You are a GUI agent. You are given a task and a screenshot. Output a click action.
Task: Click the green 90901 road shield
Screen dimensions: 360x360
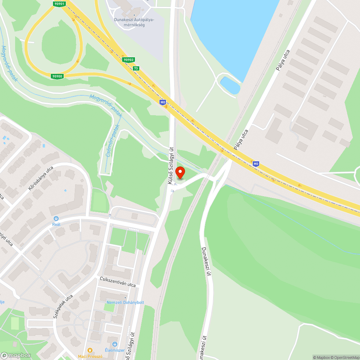pos(59,4)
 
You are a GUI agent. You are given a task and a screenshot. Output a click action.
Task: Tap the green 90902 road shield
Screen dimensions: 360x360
pos(128,60)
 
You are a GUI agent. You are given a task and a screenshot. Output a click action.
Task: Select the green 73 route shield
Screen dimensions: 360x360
pos(136,68)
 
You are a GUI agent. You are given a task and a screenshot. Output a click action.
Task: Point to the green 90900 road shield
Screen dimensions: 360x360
pos(57,76)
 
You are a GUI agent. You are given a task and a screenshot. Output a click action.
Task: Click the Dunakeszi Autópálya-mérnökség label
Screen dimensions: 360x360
pos(134,22)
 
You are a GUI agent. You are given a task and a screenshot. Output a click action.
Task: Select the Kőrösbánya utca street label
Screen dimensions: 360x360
pos(40,179)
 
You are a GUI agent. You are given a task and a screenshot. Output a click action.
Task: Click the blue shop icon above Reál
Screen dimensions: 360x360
pos(56,218)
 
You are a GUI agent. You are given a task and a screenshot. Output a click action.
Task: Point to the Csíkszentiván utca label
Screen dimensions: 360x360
pos(118,282)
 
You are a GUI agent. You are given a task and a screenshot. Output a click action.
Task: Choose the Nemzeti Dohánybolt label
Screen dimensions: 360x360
pos(125,302)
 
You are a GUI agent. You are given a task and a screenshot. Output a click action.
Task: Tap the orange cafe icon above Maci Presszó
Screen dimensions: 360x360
pos(90,350)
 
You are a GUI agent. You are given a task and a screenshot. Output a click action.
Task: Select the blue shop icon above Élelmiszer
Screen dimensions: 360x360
pos(115,344)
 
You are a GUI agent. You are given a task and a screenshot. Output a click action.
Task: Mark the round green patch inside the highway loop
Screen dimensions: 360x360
pos(59,43)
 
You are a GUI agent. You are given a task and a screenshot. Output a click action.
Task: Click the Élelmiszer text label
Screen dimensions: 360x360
pos(115,350)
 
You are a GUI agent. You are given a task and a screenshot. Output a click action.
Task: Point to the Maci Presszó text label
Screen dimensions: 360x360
pos(90,356)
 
